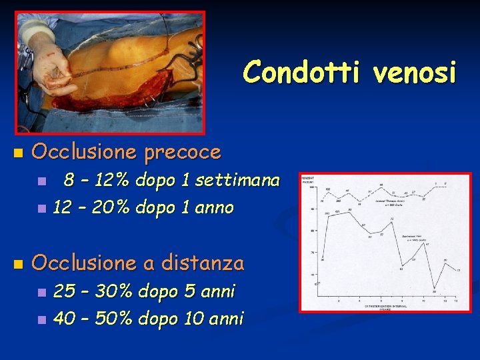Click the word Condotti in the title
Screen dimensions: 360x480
[x=299, y=72]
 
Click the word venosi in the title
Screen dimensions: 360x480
[x=415, y=72]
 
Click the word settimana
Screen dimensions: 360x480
[x=239, y=180]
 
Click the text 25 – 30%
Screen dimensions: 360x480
[x=91, y=291]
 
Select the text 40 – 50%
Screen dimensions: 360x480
[x=91, y=319]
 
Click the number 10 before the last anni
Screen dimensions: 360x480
[x=173, y=319]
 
